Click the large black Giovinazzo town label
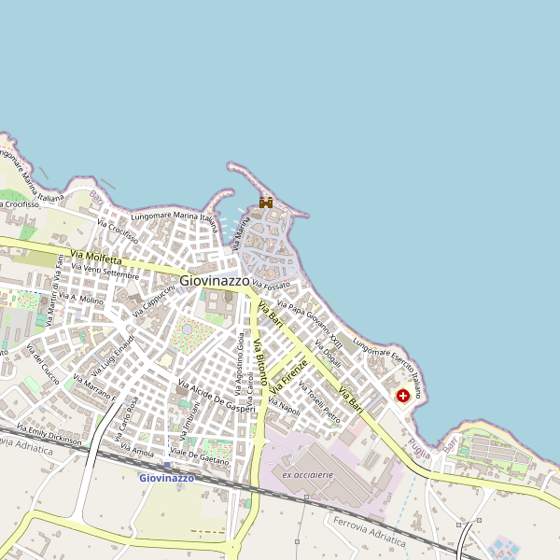(x=215, y=279)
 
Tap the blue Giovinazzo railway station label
(x=166, y=478)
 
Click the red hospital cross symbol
(x=403, y=397)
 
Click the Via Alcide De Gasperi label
(x=217, y=397)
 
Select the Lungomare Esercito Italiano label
(x=388, y=370)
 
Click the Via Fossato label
(x=272, y=284)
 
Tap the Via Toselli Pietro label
(x=319, y=408)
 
